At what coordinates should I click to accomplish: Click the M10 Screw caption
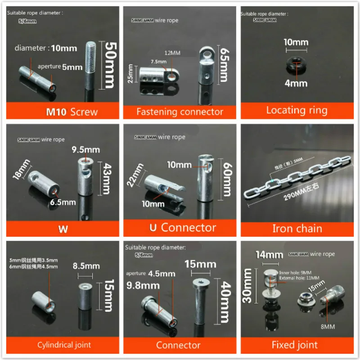[63, 111]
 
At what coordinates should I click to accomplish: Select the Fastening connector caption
[180, 111]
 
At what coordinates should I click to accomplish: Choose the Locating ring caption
[297, 110]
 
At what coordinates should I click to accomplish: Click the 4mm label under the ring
[296, 83]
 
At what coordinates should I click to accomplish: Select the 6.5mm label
[63, 202]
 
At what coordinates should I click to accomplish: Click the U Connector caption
[182, 228]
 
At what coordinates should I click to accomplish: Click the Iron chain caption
[297, 228]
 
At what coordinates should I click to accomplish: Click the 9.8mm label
[144, 285]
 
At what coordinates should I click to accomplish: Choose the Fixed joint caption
[295, 345]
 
